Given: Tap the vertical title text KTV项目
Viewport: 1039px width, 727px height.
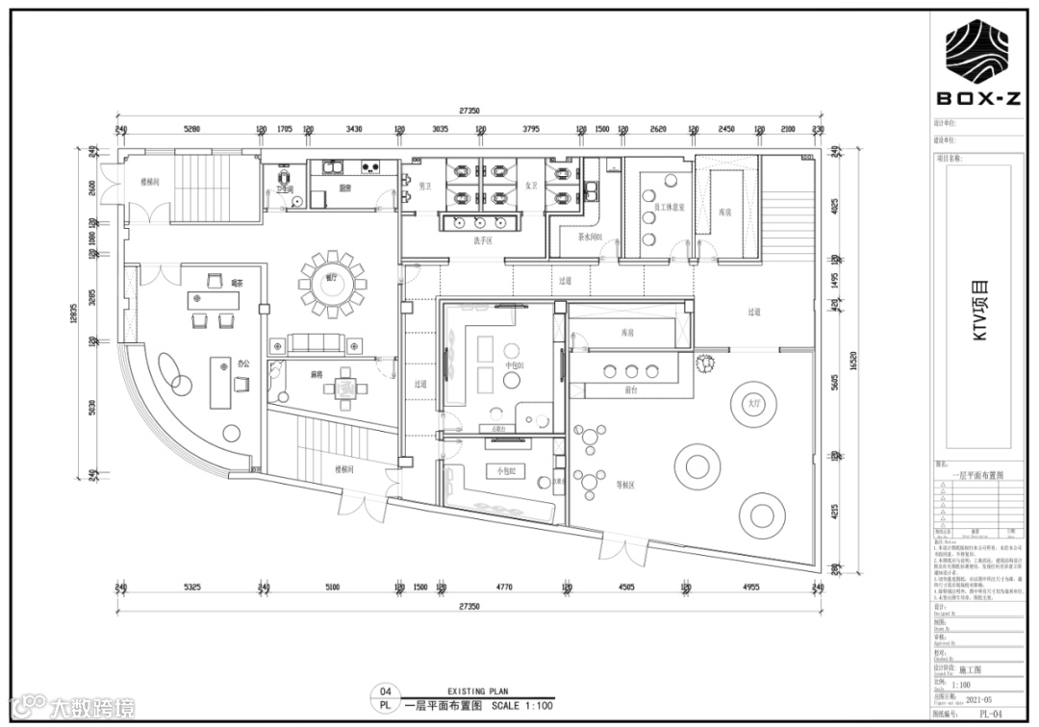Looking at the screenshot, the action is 981,317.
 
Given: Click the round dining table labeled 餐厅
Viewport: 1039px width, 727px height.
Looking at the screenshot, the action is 332,282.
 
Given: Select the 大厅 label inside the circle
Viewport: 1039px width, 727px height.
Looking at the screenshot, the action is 753,405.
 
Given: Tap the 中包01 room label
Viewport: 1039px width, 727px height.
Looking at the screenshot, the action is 514,365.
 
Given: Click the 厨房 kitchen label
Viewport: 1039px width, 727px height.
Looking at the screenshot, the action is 344,188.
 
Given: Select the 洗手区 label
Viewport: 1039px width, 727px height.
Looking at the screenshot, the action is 482,240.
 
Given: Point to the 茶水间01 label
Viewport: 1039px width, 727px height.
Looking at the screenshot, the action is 589,237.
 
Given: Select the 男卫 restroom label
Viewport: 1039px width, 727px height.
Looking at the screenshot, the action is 423,186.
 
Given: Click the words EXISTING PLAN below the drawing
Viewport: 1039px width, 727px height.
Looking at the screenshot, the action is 478,690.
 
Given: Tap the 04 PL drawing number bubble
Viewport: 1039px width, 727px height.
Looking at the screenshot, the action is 386,698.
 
